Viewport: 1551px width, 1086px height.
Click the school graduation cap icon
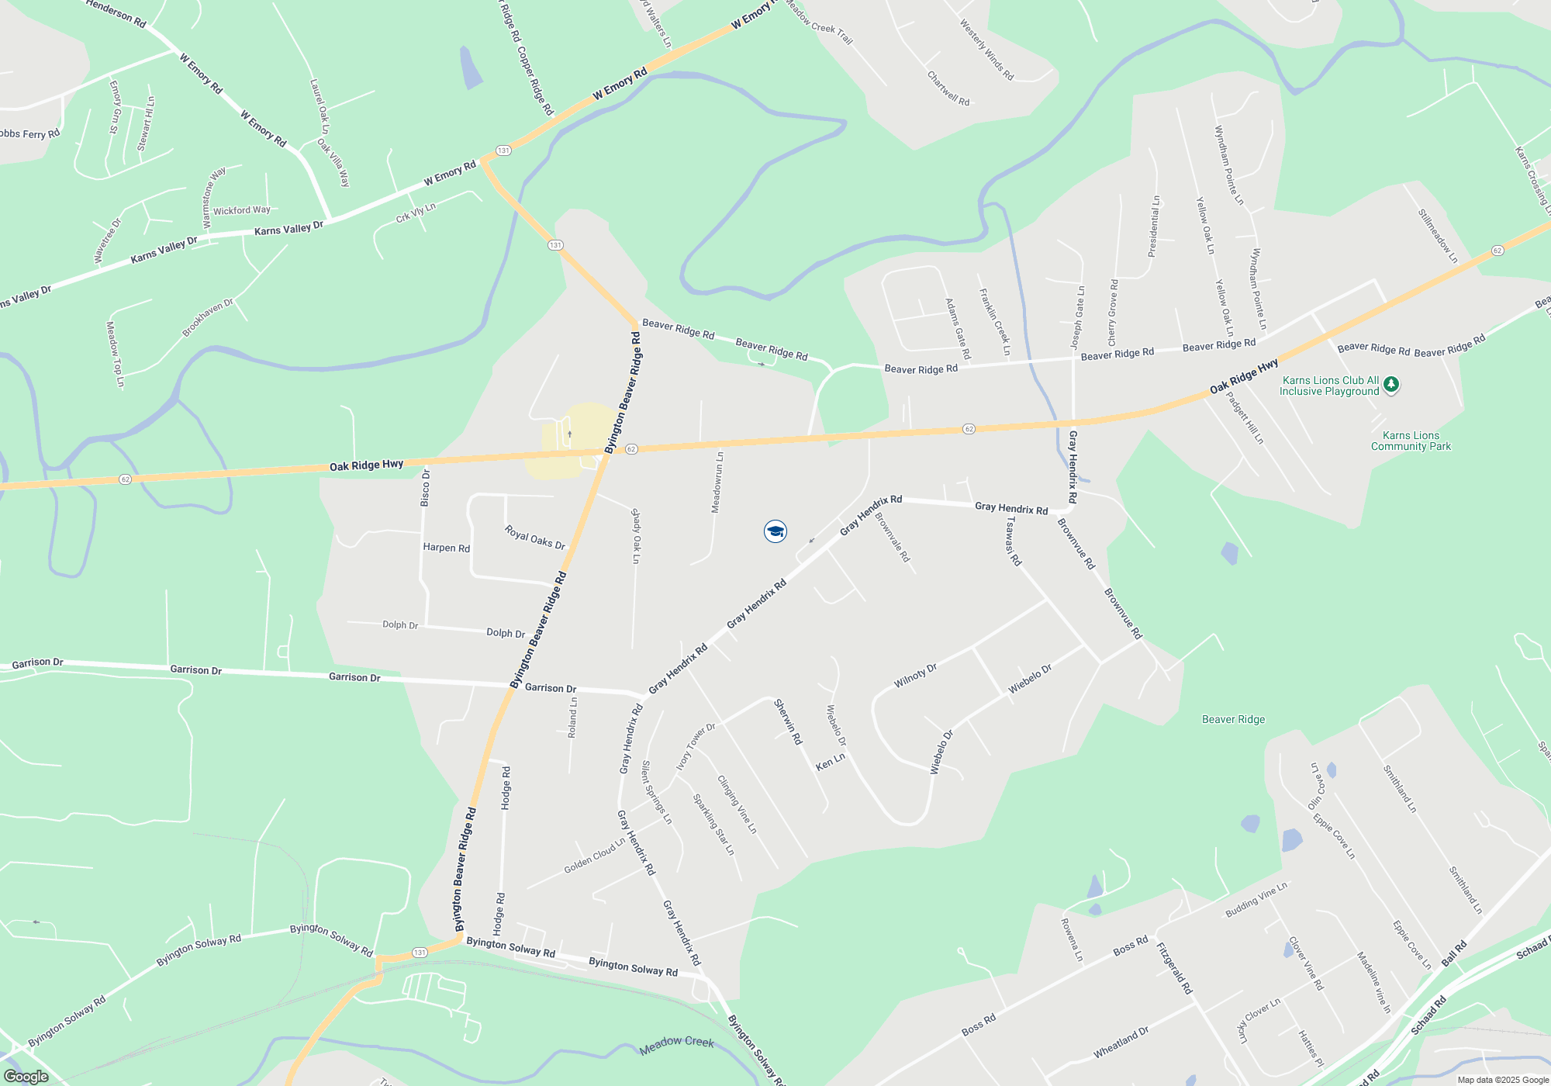pos(775,531)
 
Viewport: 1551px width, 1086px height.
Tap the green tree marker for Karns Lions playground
pos(1391,385)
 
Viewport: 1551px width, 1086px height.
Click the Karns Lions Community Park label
pos(1411,441)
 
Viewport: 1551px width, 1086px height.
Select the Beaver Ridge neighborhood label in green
pos(1233,719)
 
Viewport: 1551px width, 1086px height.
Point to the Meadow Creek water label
pos(676,1044)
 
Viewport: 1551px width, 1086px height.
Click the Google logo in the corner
pos(26,1076)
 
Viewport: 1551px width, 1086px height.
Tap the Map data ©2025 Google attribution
pos(1503,1080)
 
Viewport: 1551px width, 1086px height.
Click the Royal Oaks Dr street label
pos(535,537)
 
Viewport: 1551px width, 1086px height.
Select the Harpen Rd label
pos(446,548)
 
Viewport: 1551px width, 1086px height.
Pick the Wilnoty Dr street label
pos(915,676)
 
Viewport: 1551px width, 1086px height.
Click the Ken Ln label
pos(830,763)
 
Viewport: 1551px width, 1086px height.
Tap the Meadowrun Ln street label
pos(718,482)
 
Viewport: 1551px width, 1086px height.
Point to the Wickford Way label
pos(242,210)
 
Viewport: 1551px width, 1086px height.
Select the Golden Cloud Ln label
pos(595,856)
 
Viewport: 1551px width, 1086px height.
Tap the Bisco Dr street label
pos(425,488)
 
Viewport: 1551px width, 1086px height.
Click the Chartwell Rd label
pos(948,88)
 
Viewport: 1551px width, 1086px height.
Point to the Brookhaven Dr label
pos(208,318)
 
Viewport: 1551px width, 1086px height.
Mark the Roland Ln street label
pos(572,718)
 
